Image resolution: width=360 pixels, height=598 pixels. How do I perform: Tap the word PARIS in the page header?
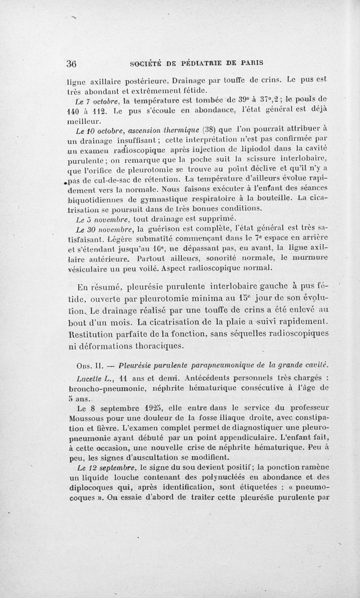[249, 63]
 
